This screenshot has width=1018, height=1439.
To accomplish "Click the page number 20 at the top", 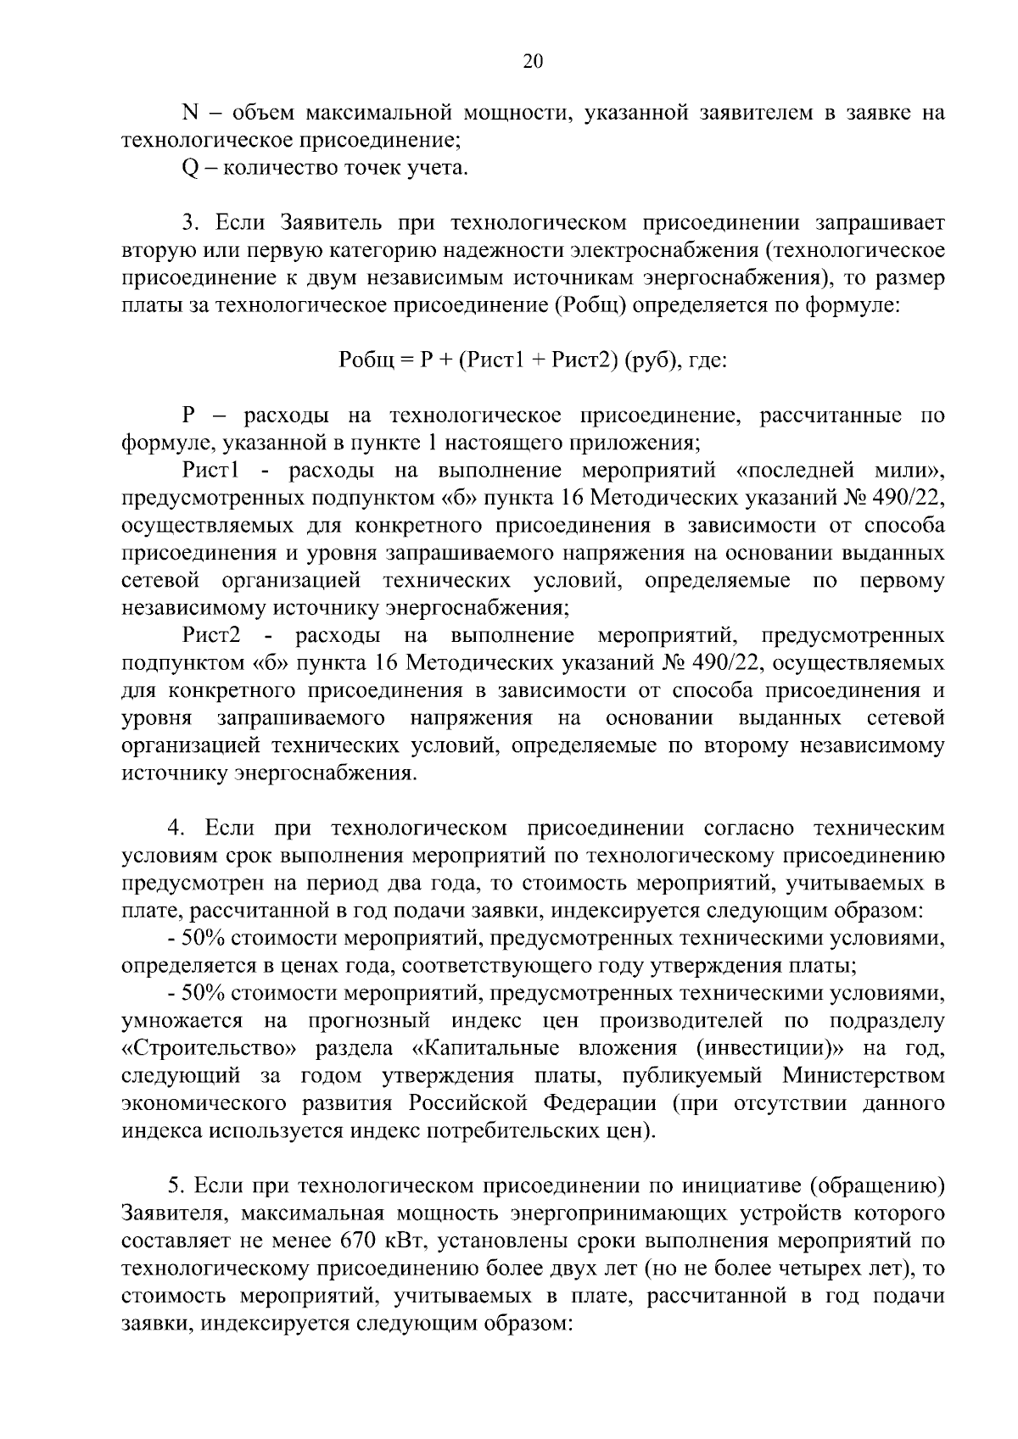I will point(533,61).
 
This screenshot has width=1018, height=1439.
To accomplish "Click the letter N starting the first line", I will point(189,113).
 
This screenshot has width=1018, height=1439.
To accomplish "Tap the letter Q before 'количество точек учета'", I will point(189,168).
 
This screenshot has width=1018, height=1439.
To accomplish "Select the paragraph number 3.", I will point(189,223).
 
